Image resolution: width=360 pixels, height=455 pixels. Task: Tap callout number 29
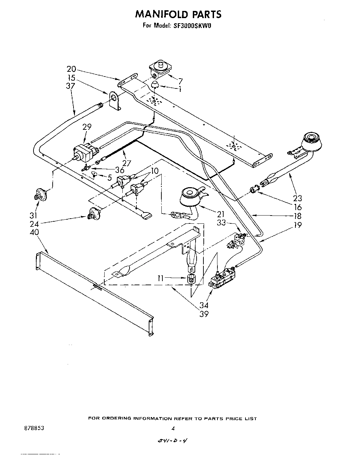click(87, 127)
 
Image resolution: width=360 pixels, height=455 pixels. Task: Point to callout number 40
click(34, 232)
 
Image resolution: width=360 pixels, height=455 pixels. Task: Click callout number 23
click(298, 198)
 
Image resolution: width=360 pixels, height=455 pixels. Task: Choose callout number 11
click(163, 278)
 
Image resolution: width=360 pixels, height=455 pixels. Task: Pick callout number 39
click(204, 314)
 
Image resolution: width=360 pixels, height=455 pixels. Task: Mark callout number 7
click(180, 81)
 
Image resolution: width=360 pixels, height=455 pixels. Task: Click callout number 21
click(221, 214)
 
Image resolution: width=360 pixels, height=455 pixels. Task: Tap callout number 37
click(71, 87)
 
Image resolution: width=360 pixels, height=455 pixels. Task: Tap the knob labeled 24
click(93, 214)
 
